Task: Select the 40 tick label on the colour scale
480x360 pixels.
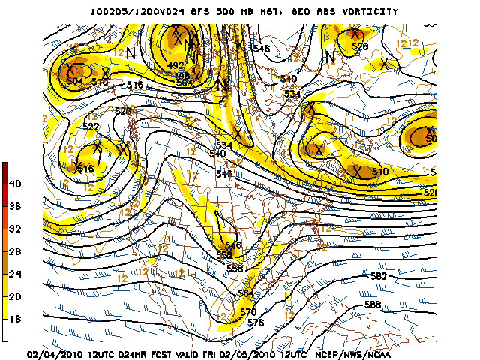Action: coord(15,184)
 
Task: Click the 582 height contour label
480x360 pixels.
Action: coord(378,276)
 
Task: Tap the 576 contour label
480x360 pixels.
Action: coord(256,322)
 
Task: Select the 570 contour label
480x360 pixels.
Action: coord(248,312)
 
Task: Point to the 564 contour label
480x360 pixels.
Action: coord(246,293)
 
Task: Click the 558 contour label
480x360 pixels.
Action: coord(235,268)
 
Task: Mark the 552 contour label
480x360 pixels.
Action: coord(224,256)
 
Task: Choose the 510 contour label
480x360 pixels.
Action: coord(380,172)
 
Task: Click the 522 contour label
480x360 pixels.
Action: coord(91,127)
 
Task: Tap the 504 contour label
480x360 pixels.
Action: coord(75,81)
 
